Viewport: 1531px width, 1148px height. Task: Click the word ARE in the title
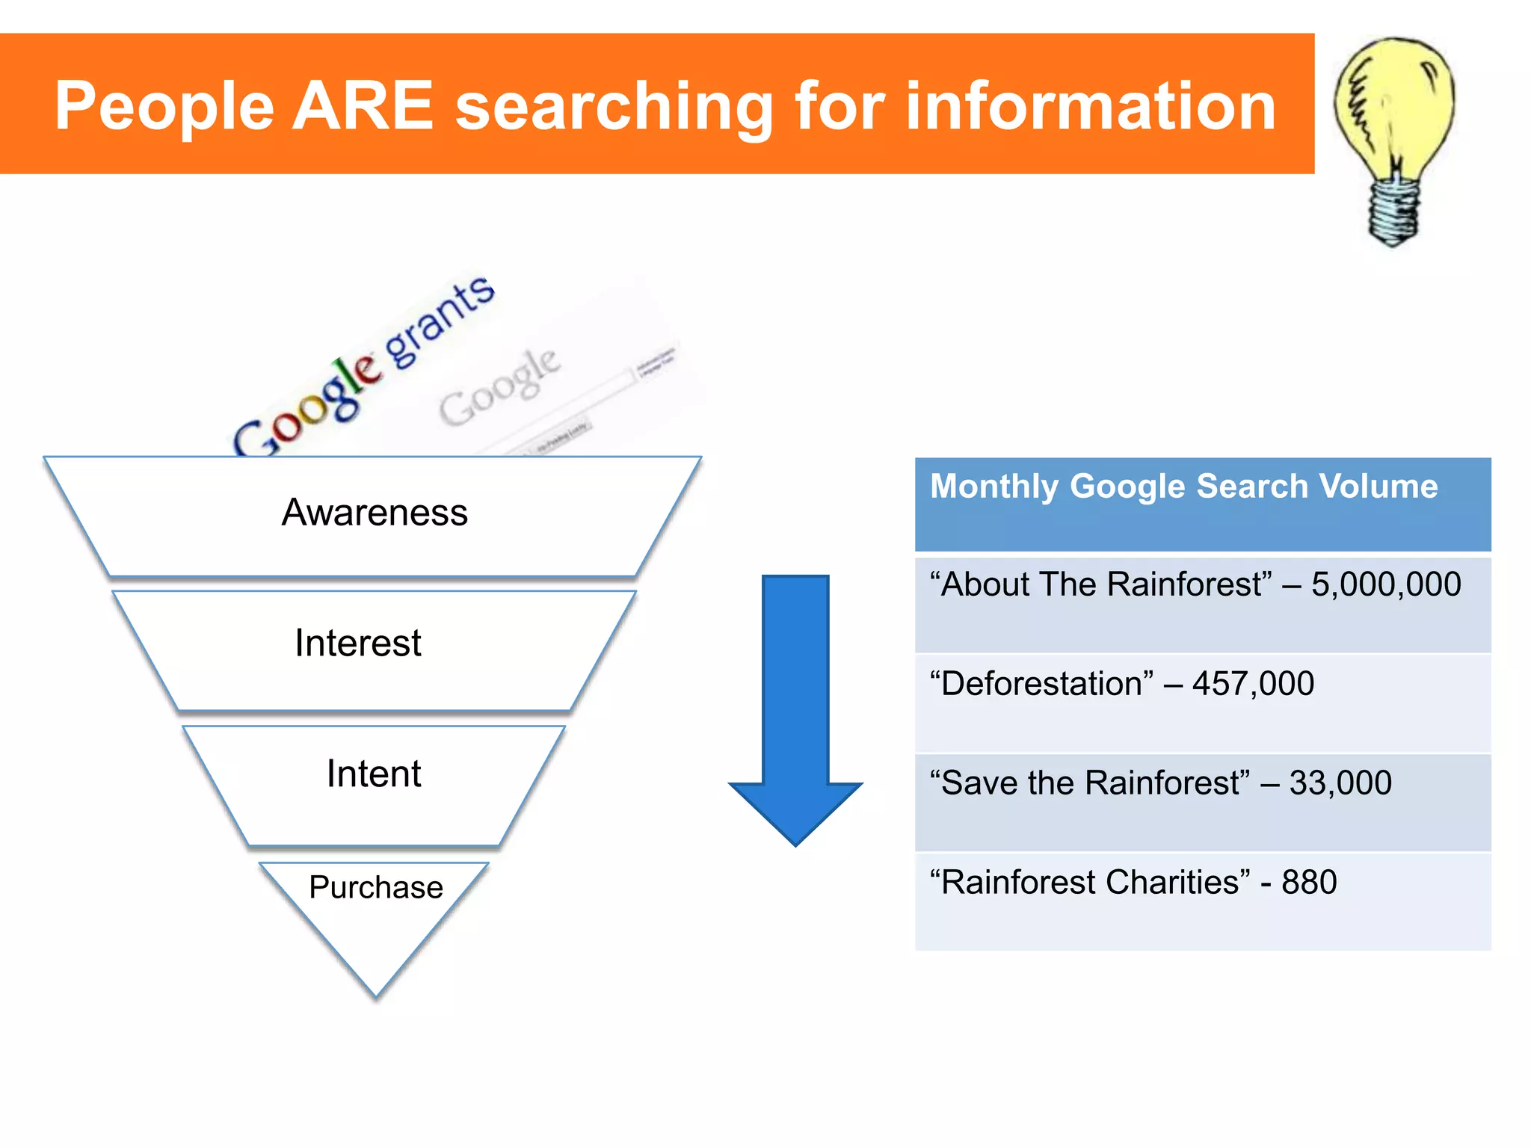[362, 106]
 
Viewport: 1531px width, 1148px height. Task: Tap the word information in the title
[1091, 106]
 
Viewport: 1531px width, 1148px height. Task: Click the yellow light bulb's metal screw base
[1393, 209]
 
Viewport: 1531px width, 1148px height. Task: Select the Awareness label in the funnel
[374, 513]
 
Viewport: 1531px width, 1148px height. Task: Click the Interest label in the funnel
[357, 643]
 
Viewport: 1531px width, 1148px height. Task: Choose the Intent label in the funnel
[373, 774]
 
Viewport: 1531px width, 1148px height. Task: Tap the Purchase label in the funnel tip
[375, 887]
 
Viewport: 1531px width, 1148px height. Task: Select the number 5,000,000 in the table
[1385, 584]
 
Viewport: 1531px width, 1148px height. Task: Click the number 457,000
[1253, 684]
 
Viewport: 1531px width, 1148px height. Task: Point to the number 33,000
[1340, 783]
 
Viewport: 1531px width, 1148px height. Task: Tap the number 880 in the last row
[1308, 883]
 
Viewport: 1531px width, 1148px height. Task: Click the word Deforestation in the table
[1041, 684]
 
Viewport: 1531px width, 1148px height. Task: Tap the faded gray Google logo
[499, 386]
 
